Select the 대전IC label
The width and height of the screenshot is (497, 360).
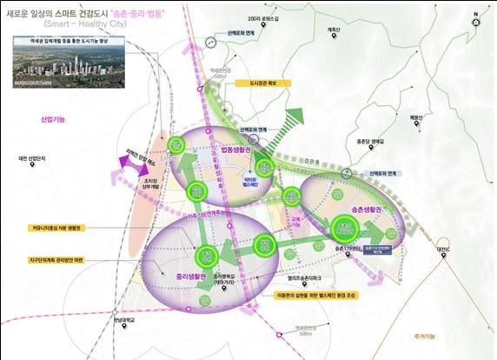click(444, 250)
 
